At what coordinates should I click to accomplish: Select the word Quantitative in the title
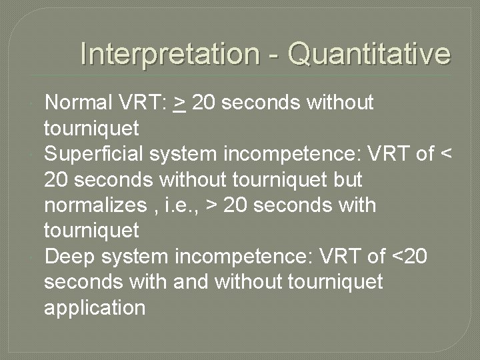(x=369, y=54)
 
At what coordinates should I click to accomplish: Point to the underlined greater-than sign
(x=179, y=103)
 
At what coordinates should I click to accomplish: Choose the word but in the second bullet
(x=346, y=180)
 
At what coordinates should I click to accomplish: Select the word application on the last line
(x=95, y=307)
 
